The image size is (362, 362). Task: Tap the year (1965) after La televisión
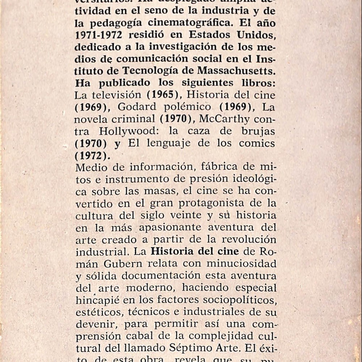(x=164, y=95)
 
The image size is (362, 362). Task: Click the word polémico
(x=189, y=107)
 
